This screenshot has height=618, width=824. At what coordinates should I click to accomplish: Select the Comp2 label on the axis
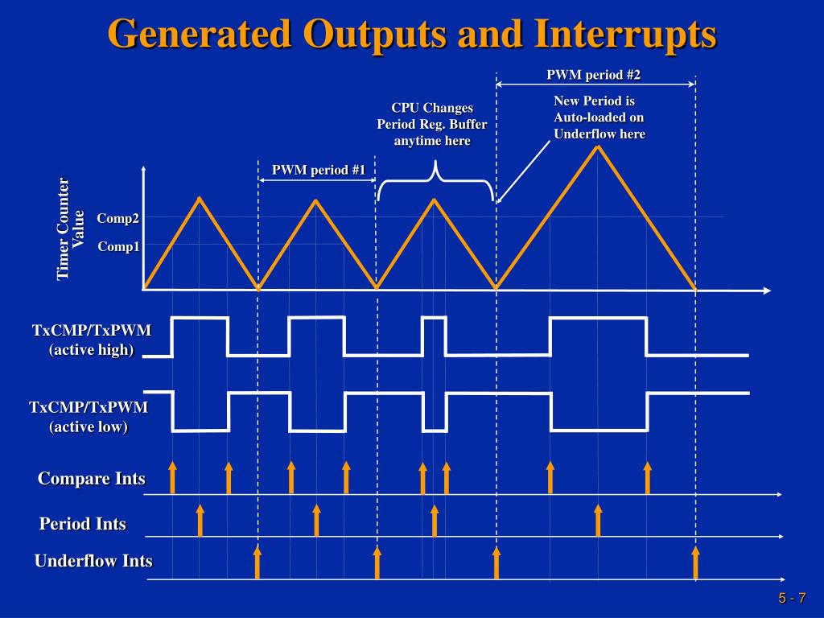pyautogui.click(x=118, y=218)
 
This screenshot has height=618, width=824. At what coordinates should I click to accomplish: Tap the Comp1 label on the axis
pyautogui.click(x=118, y=246)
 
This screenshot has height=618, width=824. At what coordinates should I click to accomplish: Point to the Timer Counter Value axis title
pyautogui.click(x=70, y=229)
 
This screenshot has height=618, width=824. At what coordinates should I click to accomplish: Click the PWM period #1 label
pyautogui.click(x=318, y=170)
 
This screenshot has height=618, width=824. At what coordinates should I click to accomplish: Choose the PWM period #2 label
pyautogui.click(x=593, y=75)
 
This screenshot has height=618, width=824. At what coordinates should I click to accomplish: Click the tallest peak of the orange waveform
pyautogui.click(x=598, y=146)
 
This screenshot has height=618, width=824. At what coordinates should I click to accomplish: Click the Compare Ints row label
pyautogui.click(x=92, y=478)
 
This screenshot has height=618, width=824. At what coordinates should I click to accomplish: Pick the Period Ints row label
pyautogui.click(x=83, y=523)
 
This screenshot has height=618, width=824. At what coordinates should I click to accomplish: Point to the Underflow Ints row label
pyautogui.click(x=93, y=561)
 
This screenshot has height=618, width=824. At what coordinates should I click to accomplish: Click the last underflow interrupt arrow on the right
pyautogui.click(x=696, y=562)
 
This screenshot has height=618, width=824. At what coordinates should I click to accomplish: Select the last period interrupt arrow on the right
pyautogui.click(x=598, y=521)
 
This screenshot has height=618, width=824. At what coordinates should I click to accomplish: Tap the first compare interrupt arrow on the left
pyautogui.click(x=172, y=478)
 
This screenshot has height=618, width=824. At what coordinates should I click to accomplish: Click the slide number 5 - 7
pyautogui.click(x=792, y=598)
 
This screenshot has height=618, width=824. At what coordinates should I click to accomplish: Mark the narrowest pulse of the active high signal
pyautogui.click(x=435, y=318)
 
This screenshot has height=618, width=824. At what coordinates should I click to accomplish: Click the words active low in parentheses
pyautogui.click(x=89, y=426)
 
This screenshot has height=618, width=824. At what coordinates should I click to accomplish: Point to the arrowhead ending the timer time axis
pyautogui.click(x=767, y=290)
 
